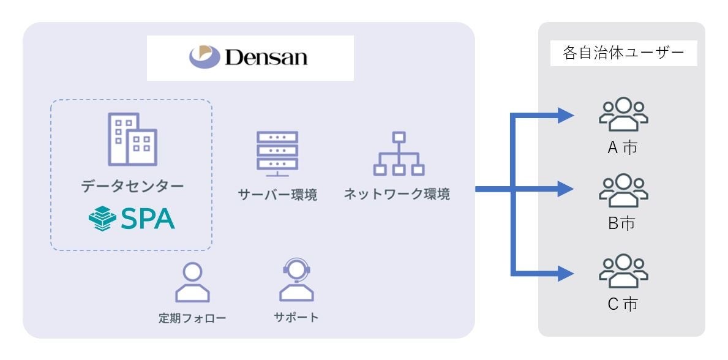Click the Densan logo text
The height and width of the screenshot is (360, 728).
(x=266, y=58)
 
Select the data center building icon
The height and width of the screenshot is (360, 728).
(x=132, y=140)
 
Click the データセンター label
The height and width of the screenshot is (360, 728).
(x=132, y=187)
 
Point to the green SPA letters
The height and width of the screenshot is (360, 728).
(x=146, y=218)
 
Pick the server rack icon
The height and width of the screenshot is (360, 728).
(x=277, y=153)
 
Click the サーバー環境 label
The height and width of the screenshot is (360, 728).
(x=277, y=195)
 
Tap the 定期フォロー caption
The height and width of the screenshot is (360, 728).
(x=192, y=318)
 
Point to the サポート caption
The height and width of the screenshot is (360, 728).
(x=296, y=317)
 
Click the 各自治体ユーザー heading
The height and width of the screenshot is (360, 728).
(x=623, y=53)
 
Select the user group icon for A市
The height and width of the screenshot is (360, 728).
(x=622, y=114)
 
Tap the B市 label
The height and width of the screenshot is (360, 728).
(x=621, y=224)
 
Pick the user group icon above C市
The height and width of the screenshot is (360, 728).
(x=622, y=271)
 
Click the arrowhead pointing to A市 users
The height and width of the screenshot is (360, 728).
(x=566, y=114)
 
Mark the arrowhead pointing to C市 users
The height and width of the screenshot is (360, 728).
(x=566, y=273)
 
